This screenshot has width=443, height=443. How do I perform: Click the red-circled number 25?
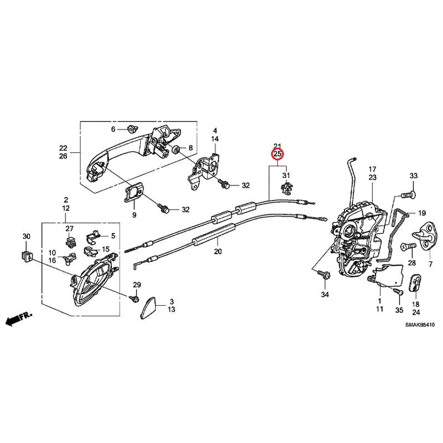coord(277,154)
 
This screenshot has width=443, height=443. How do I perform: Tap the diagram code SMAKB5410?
coord(420,325)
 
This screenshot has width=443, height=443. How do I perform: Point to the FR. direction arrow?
coord(19,318)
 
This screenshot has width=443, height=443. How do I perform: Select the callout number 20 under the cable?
coord(218,251)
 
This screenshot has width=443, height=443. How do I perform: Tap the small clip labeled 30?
coord(27,256)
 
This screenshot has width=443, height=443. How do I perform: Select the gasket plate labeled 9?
coord(133,193)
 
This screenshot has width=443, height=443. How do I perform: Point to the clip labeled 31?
coord(286,188)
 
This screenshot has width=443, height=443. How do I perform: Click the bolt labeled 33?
coord(409,195)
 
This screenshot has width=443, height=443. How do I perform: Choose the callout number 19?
coord(421,213)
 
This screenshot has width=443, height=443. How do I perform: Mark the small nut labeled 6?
coord(132,129)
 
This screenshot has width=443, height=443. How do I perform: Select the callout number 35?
coord(399,310)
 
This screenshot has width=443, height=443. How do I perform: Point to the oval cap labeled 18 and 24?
coord(415,282)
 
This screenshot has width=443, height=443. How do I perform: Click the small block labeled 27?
coord(70,241)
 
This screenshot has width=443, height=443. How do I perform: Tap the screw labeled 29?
coord(135,298)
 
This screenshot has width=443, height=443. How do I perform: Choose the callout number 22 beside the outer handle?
coord(63,147)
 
